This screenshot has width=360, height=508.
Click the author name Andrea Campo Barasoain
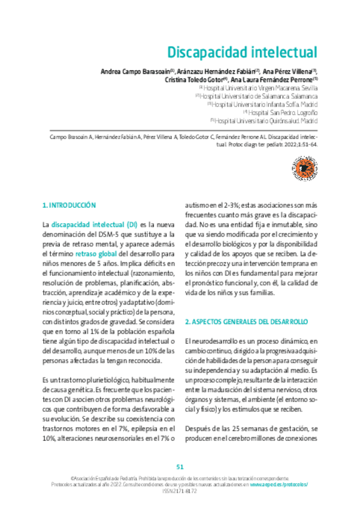pyautogui.click(x=134, y=71)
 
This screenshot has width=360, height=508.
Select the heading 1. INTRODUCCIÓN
pyautogui.click(x=69, y=205)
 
